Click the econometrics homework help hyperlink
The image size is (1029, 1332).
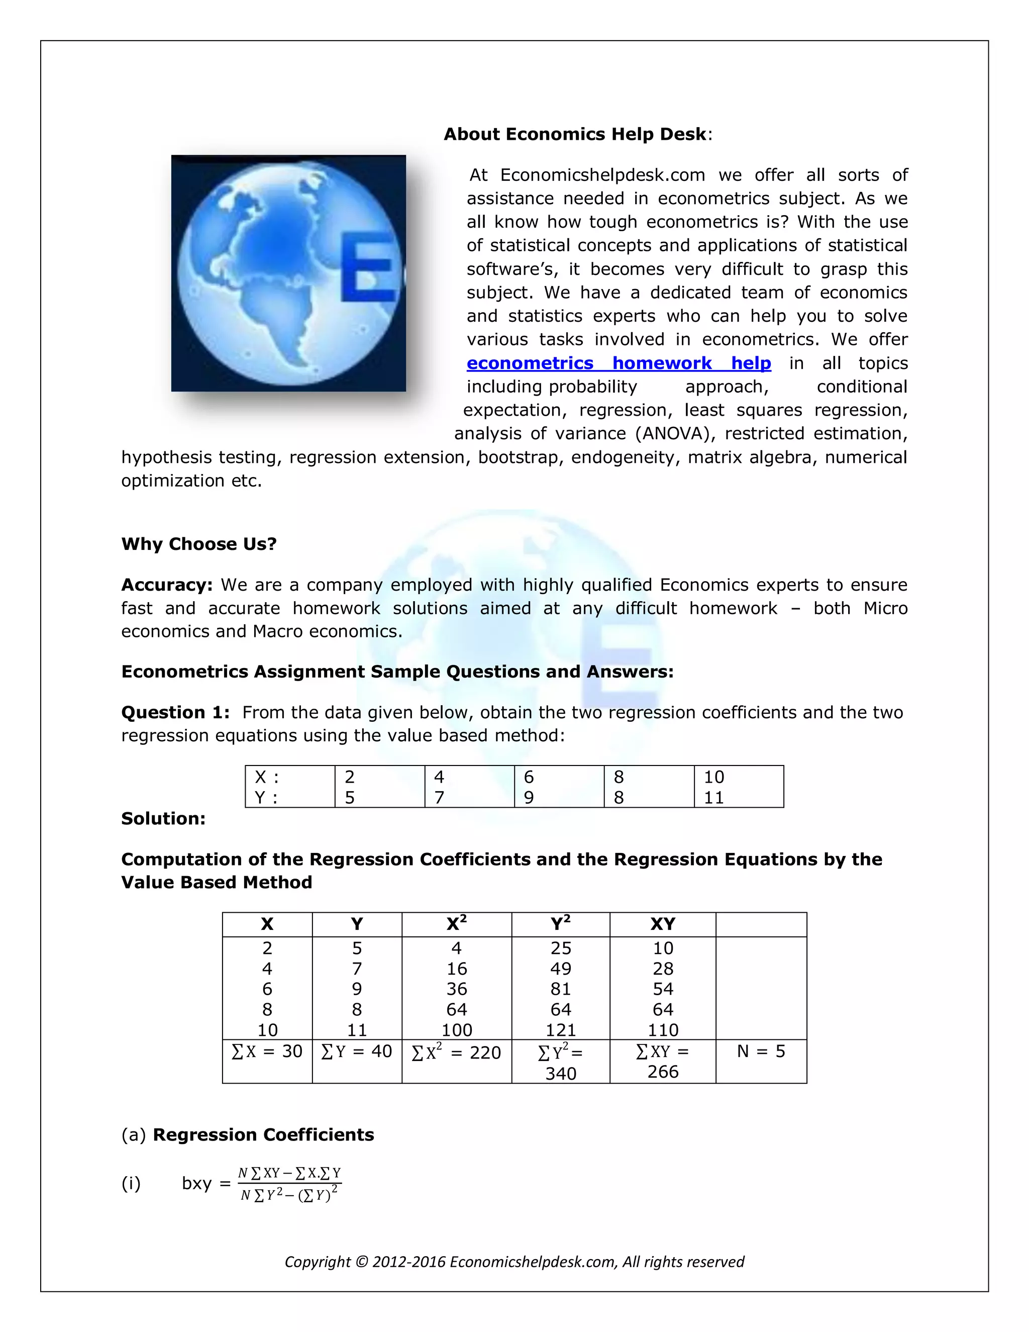[618, 363]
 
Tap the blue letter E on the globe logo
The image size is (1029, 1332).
[368, 266]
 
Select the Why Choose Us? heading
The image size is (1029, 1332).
[199, 543]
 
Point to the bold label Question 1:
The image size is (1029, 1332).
[175, 712]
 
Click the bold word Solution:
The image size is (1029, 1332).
[163, 818]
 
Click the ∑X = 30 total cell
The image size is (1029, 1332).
[267, 1051]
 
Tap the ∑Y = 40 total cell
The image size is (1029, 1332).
[357, 1051]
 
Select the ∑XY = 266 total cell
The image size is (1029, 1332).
[662, 1061]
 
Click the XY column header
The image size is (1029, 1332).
[662, 924]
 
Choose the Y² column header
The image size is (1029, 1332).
[560, 923]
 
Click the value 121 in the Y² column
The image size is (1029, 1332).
[560, 1029]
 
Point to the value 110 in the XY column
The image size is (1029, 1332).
[663, 1029]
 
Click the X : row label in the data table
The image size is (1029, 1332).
[266, 777]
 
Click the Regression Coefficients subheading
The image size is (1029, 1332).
[263, 1134]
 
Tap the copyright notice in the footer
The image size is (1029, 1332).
[514, 1261]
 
